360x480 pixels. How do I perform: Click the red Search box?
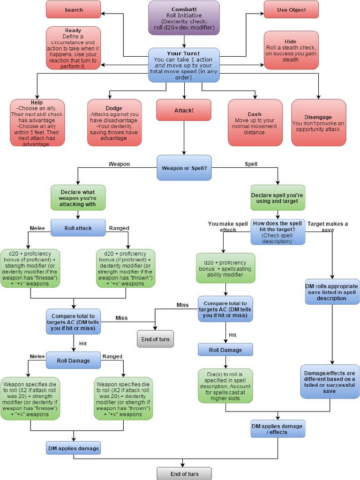(x=73, y=9)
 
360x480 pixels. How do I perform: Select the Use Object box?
(x=291, y=9)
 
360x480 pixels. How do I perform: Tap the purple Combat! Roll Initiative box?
(x=184, y=18)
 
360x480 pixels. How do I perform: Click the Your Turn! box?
(x=184, y=65)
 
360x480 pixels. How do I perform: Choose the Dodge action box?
(x=114, y=122)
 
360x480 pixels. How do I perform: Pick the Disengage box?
(x=318, y=122)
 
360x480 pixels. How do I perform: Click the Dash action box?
(x=255, y=122)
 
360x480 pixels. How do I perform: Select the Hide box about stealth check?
(x=291, y=50)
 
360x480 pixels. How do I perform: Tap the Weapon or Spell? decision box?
(x=184, y=168)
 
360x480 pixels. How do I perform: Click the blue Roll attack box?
(x=78, y=228)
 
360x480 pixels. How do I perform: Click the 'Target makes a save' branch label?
(x=328, y=226)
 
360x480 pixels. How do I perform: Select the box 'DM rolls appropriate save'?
(x=332, y=292)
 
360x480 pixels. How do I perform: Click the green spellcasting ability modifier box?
(x=225, y=268)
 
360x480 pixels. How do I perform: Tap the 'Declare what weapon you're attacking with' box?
(x=78, y=197)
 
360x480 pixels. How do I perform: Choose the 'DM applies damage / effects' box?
(x=277, y=429)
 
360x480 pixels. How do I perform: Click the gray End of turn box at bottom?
(x=184, y=473)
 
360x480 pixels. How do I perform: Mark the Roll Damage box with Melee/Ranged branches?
(x=73, y=360)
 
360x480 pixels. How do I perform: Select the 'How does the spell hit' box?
(x=277, y=232)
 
